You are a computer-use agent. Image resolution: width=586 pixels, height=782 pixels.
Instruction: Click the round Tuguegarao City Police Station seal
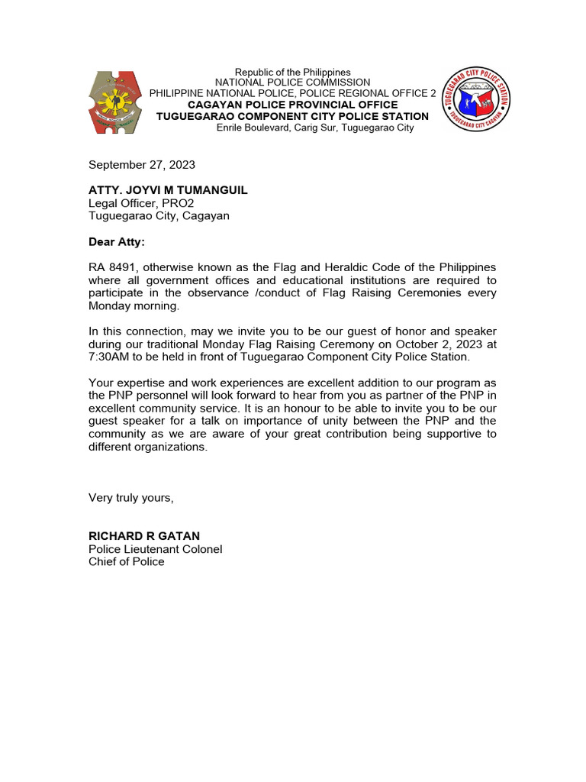tap(477, 99)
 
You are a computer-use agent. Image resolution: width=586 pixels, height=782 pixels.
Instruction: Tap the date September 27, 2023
tap(142, 164)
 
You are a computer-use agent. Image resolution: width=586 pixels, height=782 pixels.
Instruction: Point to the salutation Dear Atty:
tap(116, 242)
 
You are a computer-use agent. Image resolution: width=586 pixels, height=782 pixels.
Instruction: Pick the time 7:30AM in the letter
tap(114, 357)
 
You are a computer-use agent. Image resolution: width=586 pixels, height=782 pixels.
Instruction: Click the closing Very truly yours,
tap(131, 498)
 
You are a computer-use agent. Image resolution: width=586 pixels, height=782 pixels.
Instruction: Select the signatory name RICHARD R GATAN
tap(144, 536)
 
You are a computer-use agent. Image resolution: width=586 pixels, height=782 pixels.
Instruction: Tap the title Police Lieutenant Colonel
tap(156, 549)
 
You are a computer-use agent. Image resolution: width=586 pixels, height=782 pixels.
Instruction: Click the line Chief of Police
tap(127, 562)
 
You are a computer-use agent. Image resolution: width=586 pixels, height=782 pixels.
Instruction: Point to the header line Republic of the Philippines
tap(292, 72)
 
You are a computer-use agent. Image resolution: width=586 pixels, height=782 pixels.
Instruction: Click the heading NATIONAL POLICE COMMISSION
tap(292, 82)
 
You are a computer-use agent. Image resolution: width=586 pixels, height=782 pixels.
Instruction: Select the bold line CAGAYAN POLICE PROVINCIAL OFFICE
tap(292, 105)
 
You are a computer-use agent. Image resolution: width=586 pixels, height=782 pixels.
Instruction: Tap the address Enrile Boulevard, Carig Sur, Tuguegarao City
tap(315, 128)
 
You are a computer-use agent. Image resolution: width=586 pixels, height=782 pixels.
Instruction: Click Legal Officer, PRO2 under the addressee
tap(136, 202)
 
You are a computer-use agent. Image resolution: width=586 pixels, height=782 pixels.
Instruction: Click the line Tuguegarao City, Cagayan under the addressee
tap(159, 215)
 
